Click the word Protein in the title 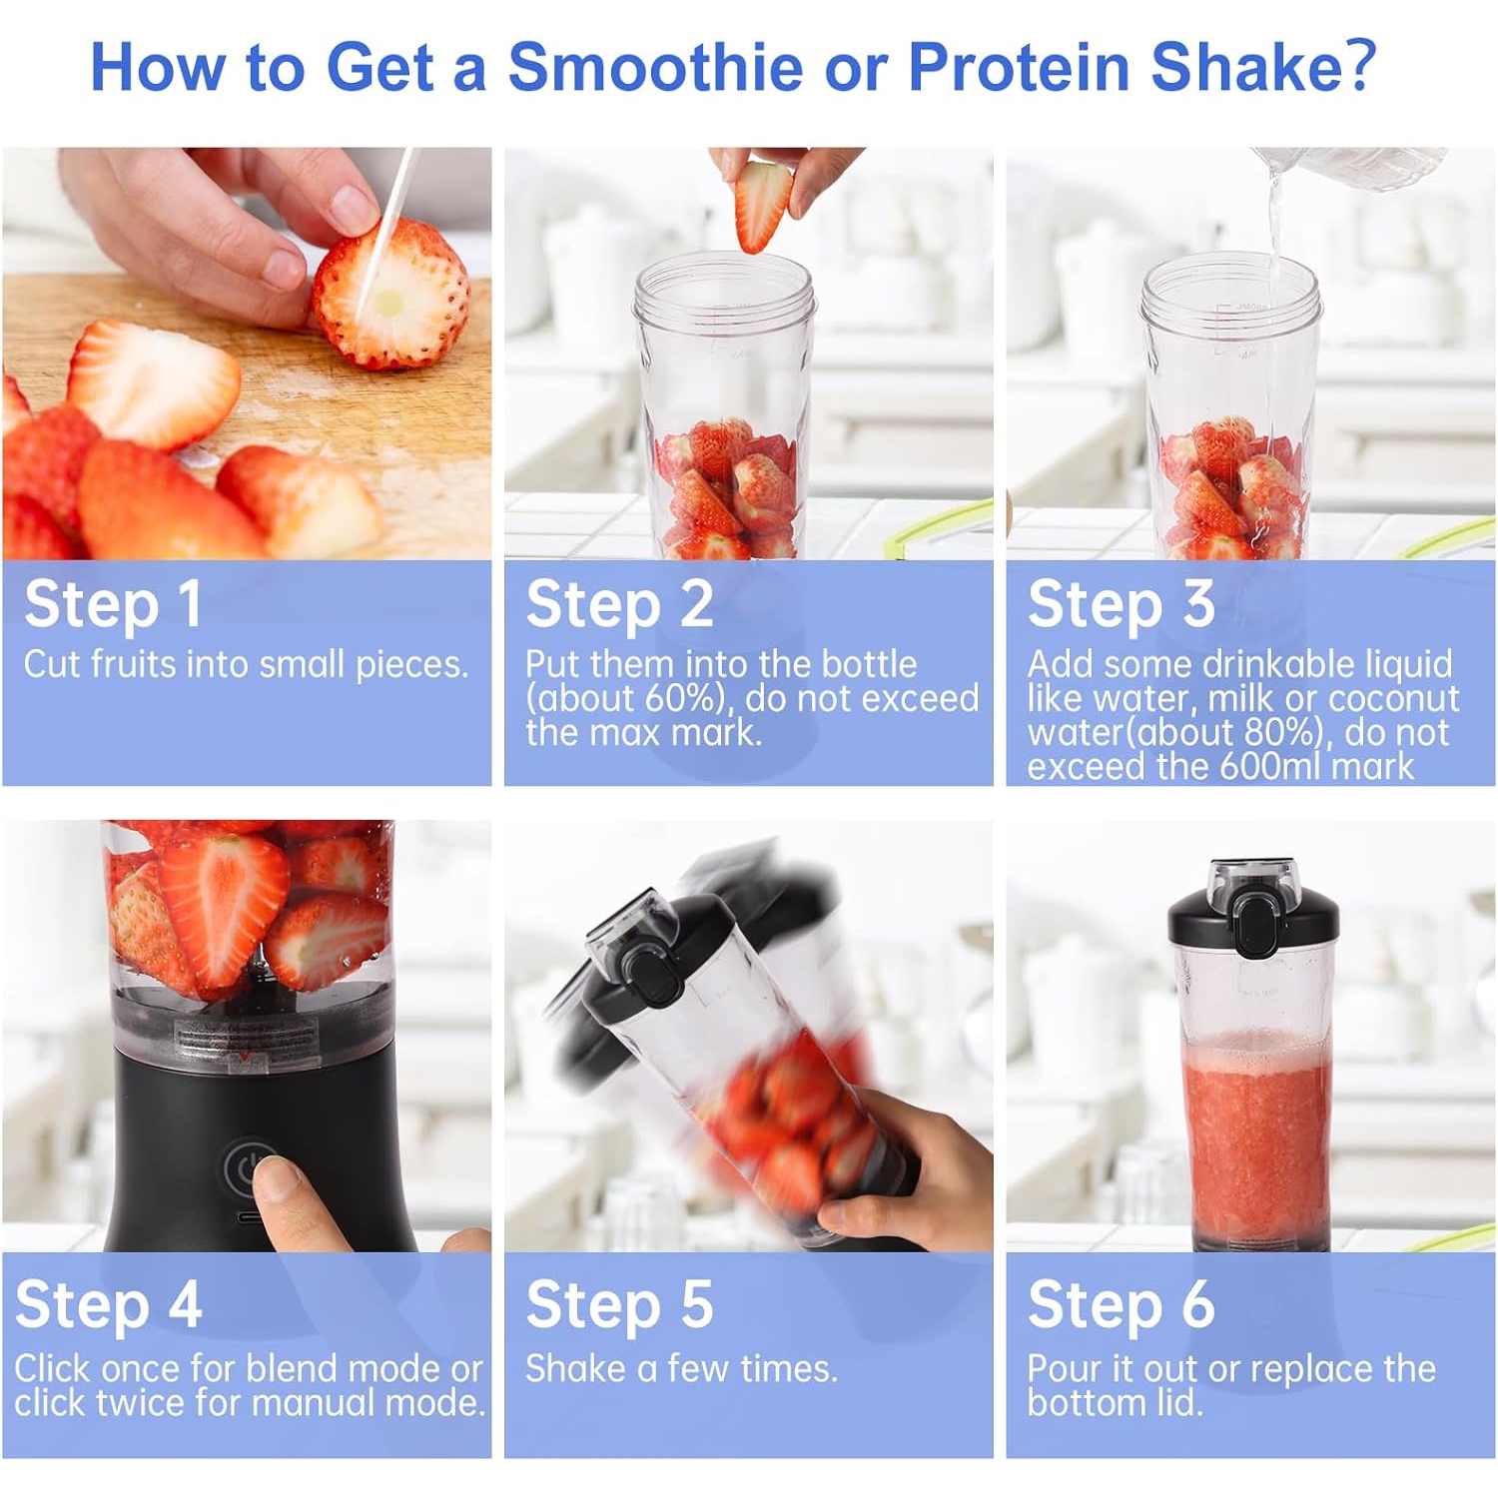tap(1019, 67)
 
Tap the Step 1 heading tap(113, 604)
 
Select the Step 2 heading tap(619, 604)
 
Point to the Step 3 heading tap(1121, 604)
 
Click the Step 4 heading tap(109, 1305)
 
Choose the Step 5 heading tap(619, 1305)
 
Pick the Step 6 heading tap(1121, 1305)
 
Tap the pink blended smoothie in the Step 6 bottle tap(1255, 1138)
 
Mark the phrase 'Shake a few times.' tap(681, 1368)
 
